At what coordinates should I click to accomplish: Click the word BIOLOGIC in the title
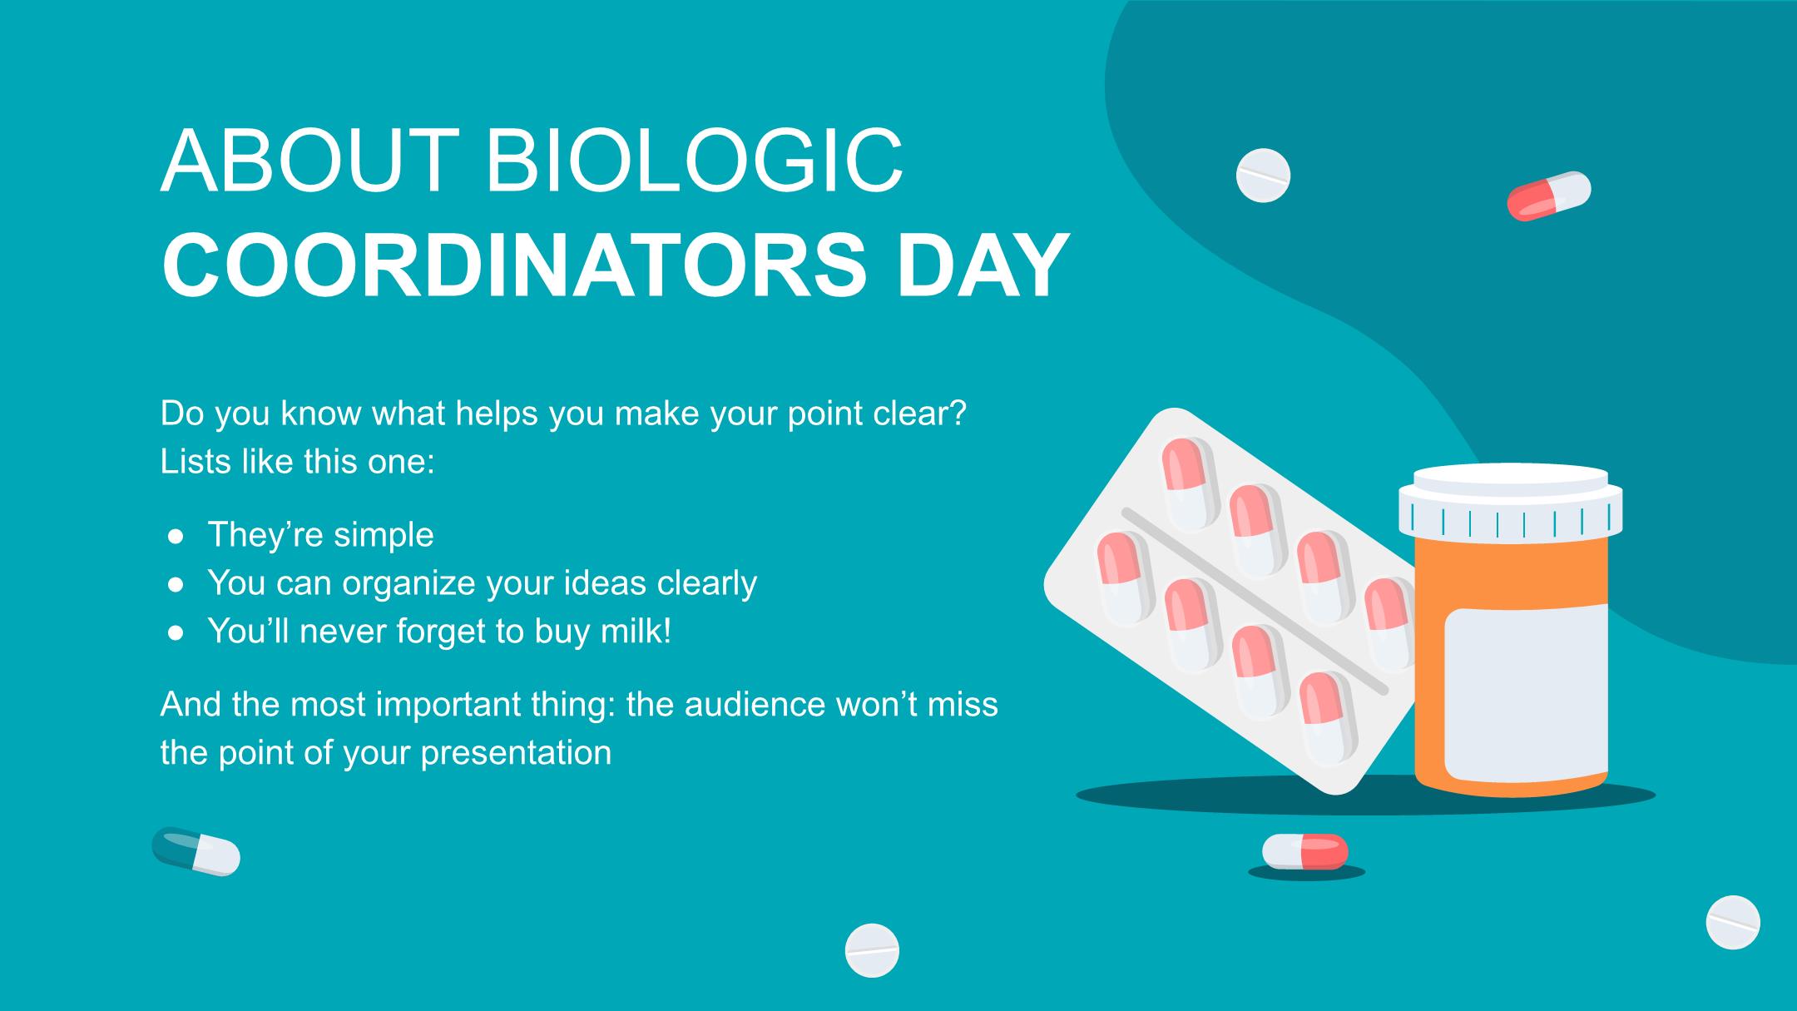point(694,161)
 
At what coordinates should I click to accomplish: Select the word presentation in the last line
point(516,753)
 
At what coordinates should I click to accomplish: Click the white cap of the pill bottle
point(1510,499)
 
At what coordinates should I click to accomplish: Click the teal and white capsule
point(196,851)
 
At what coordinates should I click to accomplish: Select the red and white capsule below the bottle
point(1305,851)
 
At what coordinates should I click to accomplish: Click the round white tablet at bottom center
point(872,950)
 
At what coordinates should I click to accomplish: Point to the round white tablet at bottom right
point(1733,923)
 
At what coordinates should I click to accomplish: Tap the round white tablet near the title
point(1263,176)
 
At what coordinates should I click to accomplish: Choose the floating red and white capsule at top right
point(1549,196)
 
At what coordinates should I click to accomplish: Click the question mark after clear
point(958,414)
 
